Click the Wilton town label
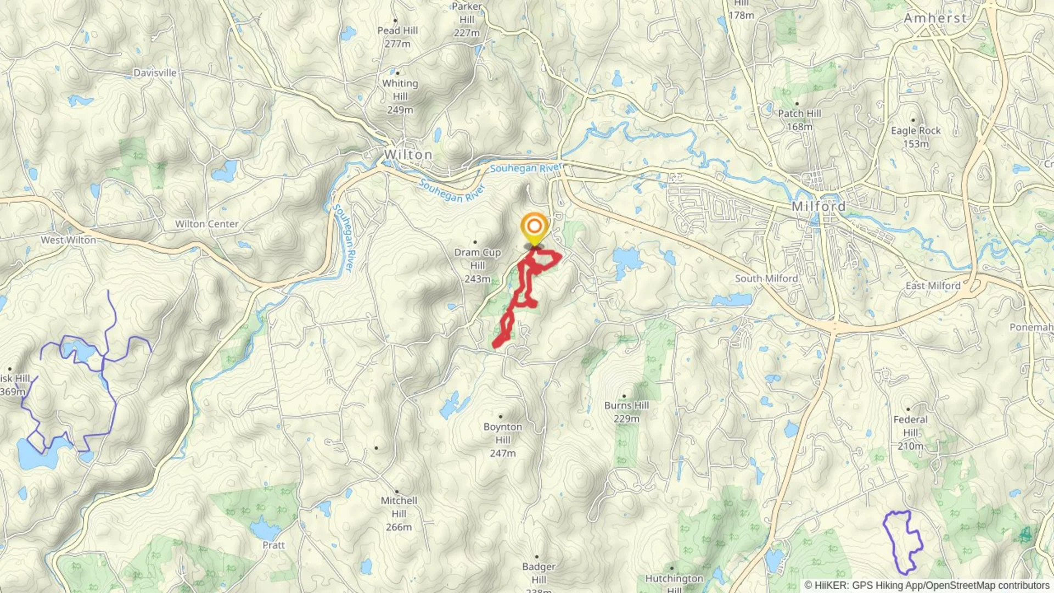(x=408, y=155)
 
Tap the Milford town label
(x=818, y=206)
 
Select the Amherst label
(x=935, y=18)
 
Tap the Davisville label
(x=155, y=72)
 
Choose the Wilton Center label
(x=207, y=224)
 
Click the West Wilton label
(x=68, y=240)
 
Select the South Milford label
(x=766, y=278)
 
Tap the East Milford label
(x=933, y=286)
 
